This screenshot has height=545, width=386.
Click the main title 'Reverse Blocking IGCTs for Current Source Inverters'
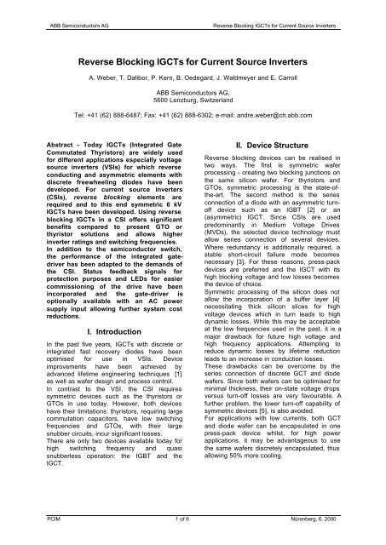(x=193, y=63)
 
